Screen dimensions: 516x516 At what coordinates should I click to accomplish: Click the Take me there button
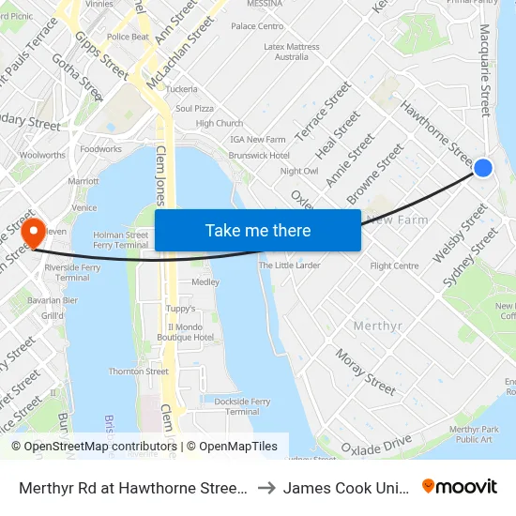258,230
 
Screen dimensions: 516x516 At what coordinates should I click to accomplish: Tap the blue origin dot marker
483,167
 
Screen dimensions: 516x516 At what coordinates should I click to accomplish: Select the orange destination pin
34,234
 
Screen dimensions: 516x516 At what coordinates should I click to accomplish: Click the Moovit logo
460,486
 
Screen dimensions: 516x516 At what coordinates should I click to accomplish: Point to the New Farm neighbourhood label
397,220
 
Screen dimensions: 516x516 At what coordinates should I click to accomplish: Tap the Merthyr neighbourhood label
378,326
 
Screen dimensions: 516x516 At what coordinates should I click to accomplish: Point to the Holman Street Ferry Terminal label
121,240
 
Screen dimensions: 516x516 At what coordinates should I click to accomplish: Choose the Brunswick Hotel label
259,155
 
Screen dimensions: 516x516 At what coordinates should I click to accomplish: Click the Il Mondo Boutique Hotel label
186,332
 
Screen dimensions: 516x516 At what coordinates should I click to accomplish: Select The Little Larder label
289,266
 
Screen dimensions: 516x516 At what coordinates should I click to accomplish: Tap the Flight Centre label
394,266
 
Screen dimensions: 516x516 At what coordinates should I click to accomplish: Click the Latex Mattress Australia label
292,51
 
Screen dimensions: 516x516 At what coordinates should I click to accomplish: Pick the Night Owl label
298,171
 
